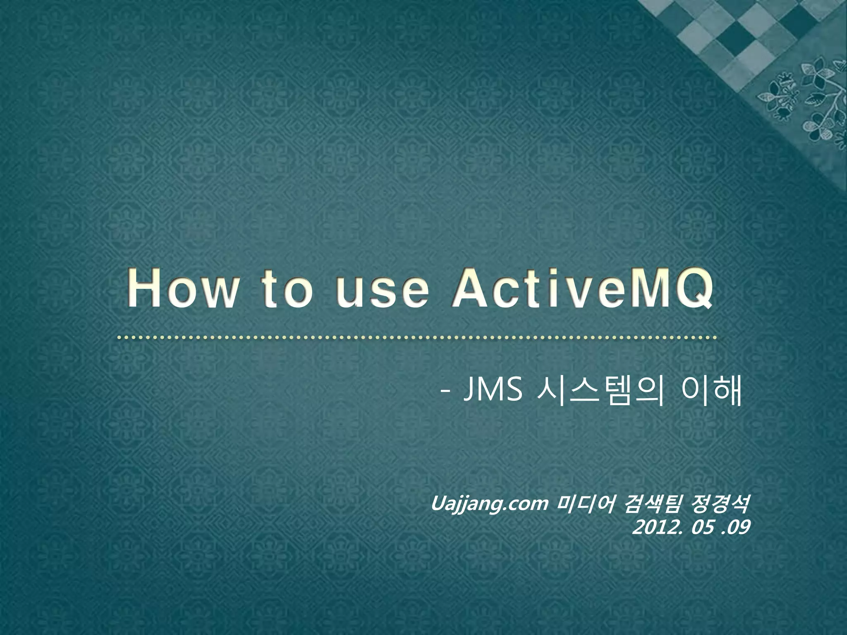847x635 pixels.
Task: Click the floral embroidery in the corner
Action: coord(806,99)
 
